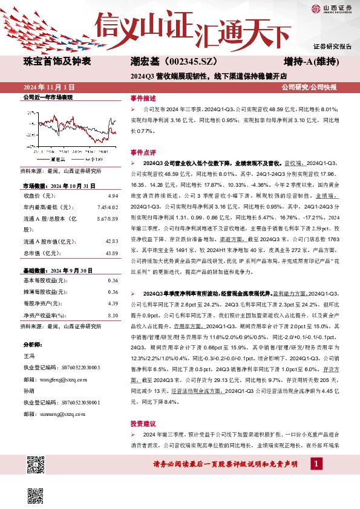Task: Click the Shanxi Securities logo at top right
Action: [x=332, y=8]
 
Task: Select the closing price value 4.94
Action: [x=112, y=196]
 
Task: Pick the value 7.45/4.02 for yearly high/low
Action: [x=107, y=207]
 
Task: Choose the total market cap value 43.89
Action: [x=111, y=252]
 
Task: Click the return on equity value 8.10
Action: [x=112, y=315]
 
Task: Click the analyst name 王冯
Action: [x=29, y=358]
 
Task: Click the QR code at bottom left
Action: [x=37, y=464]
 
